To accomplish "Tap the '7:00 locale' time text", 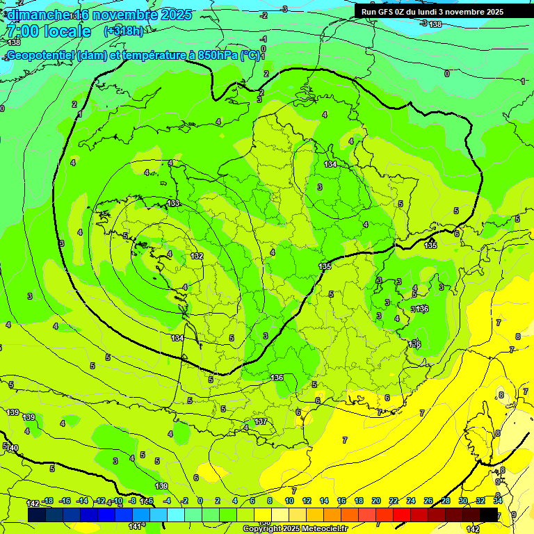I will click(49, 31).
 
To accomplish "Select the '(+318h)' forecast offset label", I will click(124, 31).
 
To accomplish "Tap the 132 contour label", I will click(197, 257).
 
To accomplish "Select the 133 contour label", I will click(174, 203).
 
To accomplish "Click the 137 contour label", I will click(261, 422).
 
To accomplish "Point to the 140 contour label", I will click(12, 448).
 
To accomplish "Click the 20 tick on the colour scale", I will click(376, 501).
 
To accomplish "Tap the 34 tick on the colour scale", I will click(498, 501).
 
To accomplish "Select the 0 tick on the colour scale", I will click(200, 501).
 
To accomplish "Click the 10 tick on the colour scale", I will click(289, 501).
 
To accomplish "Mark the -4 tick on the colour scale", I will click(167, 501).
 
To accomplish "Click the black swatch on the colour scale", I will click(489, 515).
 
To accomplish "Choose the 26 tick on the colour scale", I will click(428, 501).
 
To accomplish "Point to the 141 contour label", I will click(136, 527).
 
